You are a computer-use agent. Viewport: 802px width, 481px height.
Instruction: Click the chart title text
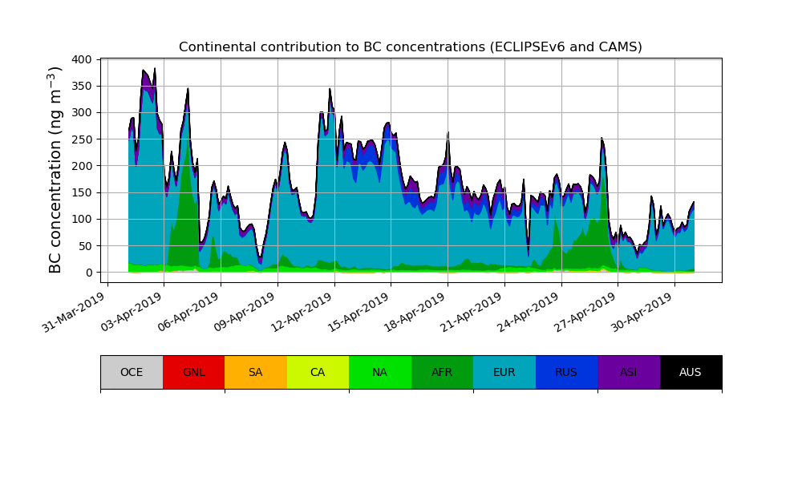(x=411, y=47)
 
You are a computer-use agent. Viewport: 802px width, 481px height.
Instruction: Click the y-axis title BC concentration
(x=55, y=170)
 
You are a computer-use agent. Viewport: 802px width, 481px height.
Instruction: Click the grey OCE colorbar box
(x=132, y=372)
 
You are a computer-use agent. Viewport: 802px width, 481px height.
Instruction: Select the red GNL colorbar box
(x=193, y=372)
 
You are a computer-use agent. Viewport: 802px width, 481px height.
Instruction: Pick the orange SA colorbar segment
(x=256, y=372)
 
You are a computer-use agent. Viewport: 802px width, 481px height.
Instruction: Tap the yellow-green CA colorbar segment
(x=318, y=372)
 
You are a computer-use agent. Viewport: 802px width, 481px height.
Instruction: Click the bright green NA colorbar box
(x=380, y=372)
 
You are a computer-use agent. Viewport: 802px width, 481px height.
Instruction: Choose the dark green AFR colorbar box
(x=442, y=372)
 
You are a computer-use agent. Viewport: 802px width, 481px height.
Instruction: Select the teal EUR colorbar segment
(x=504, y=372)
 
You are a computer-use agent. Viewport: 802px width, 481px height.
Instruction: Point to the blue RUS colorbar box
(x=566, y=372)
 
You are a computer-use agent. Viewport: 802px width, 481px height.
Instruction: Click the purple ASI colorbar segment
(x=629, y=372)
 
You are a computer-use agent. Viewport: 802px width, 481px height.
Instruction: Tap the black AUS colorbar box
(x=691, y=372)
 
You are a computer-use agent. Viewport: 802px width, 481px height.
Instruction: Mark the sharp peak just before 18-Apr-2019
(x=448, y=133)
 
